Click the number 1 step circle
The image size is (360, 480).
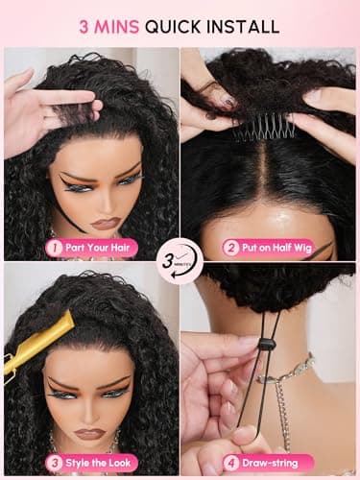point(54,248)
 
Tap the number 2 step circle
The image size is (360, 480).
point(231,248)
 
